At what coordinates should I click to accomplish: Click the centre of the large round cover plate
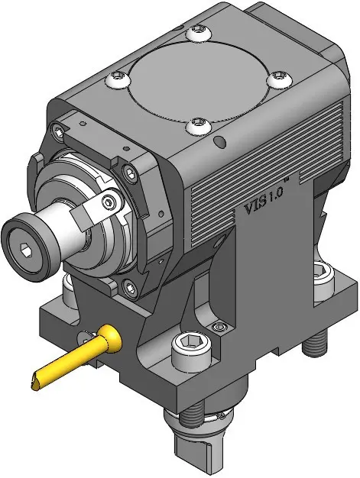196,82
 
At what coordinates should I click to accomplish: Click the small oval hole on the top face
219,141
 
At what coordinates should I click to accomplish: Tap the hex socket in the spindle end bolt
24,247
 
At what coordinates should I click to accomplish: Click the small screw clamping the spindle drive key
109,201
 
